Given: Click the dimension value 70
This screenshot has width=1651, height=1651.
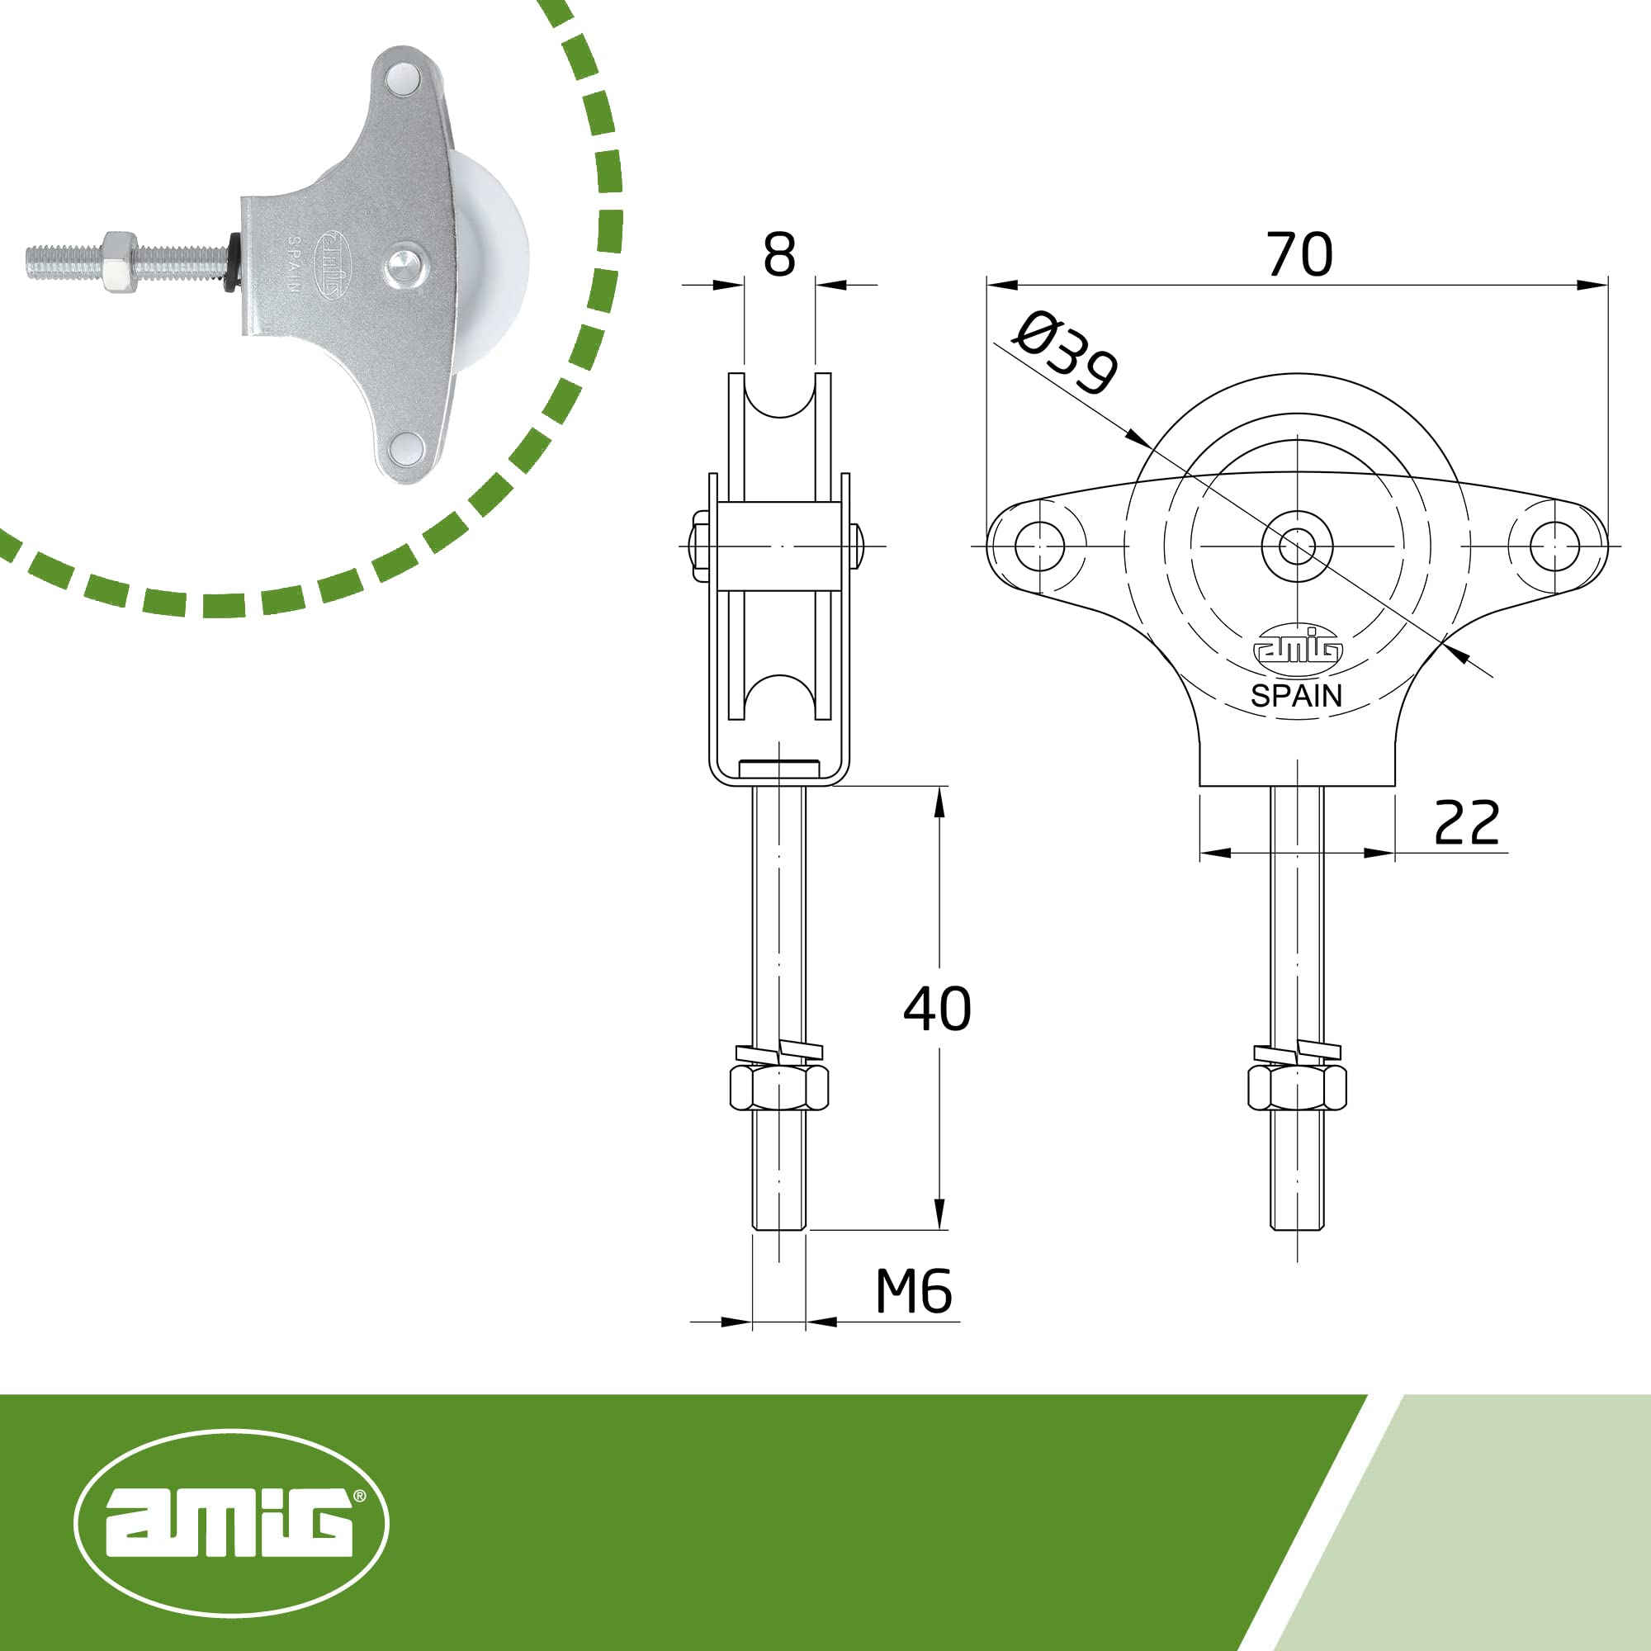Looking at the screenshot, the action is coord(1299,253).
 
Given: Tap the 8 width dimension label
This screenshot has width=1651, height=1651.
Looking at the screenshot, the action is coord(778,253).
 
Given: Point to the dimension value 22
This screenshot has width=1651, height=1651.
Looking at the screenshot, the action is coord(1466,822).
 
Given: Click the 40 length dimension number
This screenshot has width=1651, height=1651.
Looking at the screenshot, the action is coord(938,1009).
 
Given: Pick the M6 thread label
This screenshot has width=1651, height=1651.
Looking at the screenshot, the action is coord(914,1291).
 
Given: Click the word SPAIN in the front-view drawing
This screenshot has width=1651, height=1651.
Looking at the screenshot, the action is coord(1296,696).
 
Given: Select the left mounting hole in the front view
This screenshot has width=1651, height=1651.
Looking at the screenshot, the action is coord(1039,546).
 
